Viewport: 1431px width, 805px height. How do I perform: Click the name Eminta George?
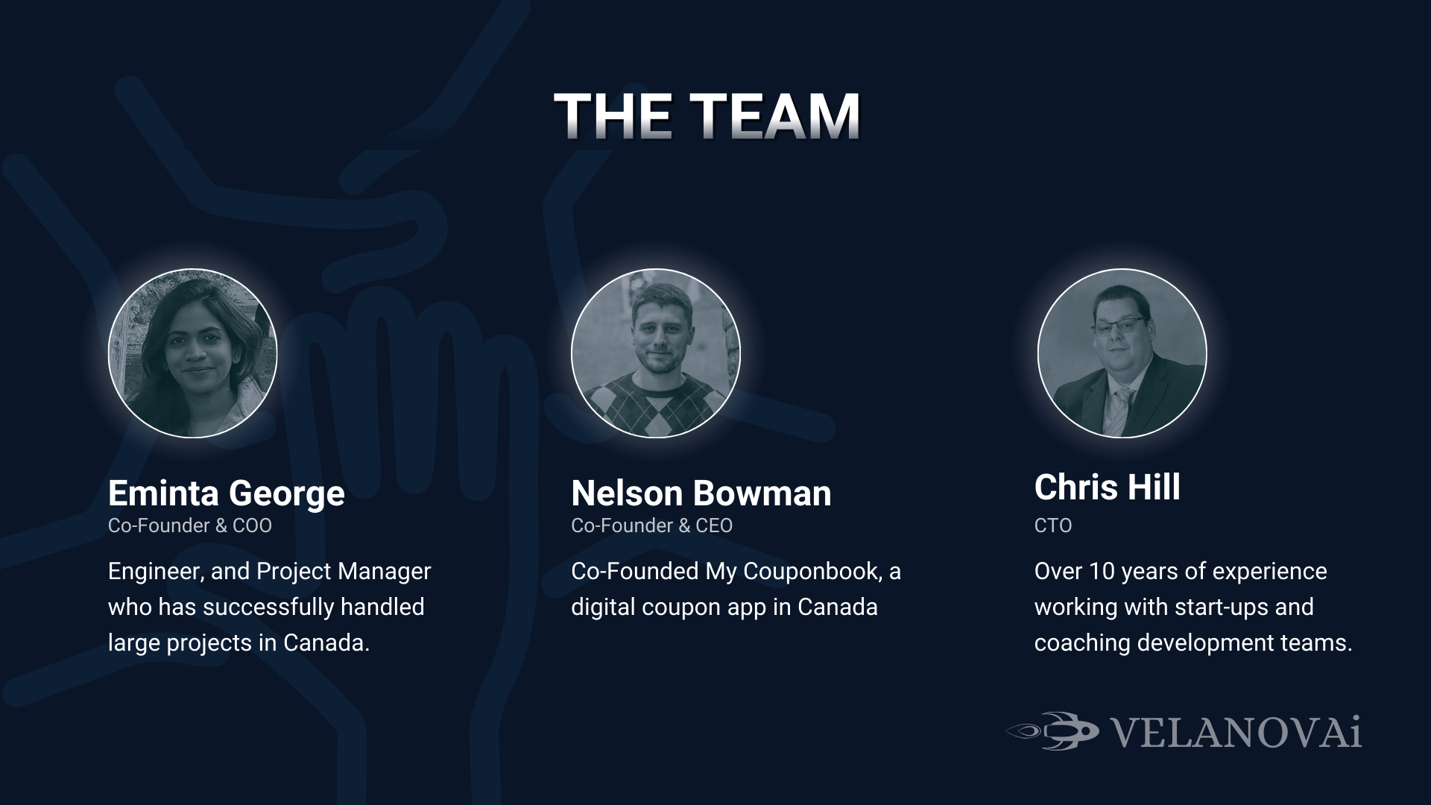tap(227, 493)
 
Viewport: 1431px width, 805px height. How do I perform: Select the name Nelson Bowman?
tap(701, 493)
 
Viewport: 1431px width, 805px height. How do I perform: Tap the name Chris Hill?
tap(1108, 487)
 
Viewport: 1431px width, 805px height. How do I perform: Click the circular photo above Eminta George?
tap(193, 353)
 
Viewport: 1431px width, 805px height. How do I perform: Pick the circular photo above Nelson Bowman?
tap(656, 353)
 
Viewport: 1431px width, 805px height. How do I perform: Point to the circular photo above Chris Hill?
tap(1122, 353)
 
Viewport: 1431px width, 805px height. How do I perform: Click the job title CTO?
tap(1053, 525)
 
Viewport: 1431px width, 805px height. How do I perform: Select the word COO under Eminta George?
tap(253, 525)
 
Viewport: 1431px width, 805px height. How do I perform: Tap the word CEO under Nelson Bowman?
tap(714, 525)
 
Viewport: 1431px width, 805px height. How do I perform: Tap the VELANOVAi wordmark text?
tap(1237, 732)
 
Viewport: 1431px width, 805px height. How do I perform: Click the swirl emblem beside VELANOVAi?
tap(1052, 731)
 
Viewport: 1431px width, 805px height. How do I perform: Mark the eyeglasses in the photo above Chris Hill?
tap(1118, 326)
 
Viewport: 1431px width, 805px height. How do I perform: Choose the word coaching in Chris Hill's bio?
tap(1082, 643)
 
